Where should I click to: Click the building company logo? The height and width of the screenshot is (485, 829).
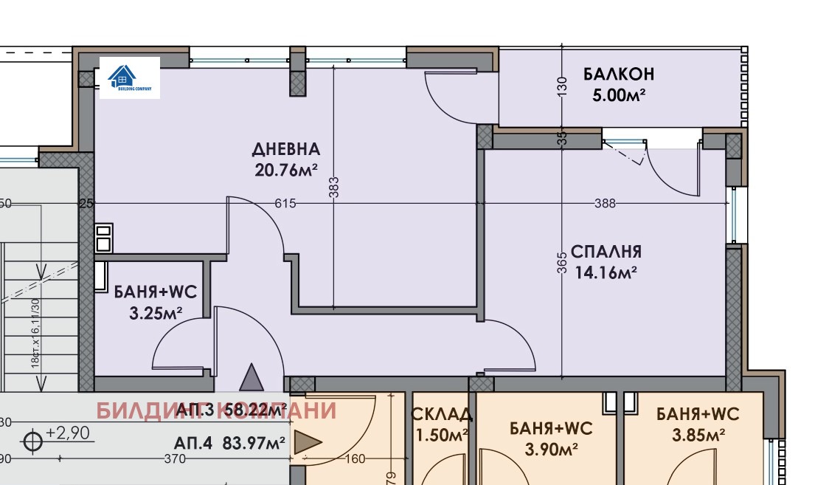coord(129,78)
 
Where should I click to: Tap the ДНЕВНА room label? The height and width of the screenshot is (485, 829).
coord(286,149)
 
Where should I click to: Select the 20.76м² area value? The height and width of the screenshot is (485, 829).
coord(286,171)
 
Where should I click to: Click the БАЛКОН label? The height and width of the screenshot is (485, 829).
coord(619,75)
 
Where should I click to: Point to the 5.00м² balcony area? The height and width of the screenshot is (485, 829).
coord(619,95)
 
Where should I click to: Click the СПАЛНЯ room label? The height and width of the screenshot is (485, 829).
coord(606,252)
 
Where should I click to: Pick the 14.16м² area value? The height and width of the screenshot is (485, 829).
coord(606,272)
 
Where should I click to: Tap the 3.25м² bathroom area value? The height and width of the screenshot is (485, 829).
coord(156,313)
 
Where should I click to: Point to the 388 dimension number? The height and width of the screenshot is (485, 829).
coord(605,204)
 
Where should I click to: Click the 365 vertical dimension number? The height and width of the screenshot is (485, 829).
coord(562,264)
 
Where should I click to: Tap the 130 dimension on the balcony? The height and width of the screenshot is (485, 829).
coord(562,86)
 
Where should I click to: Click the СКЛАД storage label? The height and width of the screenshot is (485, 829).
coord(441,415)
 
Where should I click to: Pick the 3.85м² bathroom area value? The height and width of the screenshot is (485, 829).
coord(697,436)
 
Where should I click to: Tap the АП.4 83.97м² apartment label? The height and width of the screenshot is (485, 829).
coord(229,444)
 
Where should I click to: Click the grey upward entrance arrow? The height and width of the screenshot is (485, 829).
coord(252,377)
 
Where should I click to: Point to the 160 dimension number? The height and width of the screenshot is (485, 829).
coord(354,459)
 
